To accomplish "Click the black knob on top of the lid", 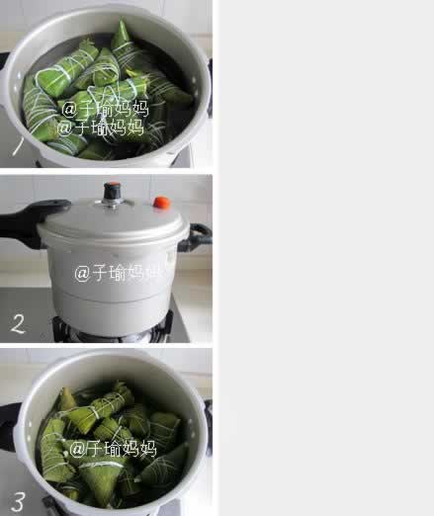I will tap(113, 190).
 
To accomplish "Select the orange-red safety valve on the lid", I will tap(161, 203).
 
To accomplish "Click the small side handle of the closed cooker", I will tap(199, 236).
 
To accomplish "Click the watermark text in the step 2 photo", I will tap(117, 273).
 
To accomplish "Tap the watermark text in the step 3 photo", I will tap(113, 449).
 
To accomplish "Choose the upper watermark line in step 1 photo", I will tap(105, 109).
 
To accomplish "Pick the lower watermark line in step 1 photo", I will tap(100, 128).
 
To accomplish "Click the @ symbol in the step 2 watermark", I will tap(82, 274).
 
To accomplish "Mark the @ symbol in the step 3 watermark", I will tap(76, 450).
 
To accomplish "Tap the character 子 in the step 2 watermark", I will tap(100, 273).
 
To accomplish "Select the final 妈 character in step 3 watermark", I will tap(147, 449).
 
